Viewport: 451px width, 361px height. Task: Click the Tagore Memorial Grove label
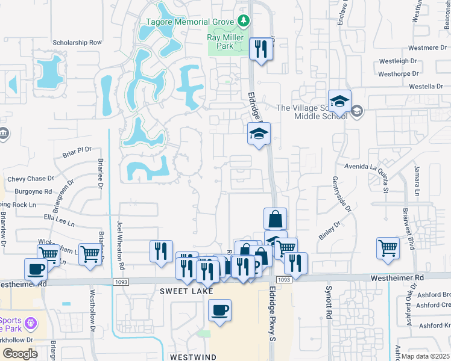191,22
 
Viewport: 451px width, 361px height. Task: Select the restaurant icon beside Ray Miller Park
261,49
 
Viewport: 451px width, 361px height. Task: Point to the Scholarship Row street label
77,43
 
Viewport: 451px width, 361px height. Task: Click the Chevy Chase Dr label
31,179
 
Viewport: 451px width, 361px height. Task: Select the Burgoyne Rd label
34,191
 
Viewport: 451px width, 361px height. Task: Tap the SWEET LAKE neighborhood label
179,291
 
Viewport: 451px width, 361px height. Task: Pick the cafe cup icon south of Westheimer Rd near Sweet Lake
219,311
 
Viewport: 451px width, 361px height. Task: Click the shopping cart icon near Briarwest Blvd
388,247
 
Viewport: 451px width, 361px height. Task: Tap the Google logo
20,354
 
